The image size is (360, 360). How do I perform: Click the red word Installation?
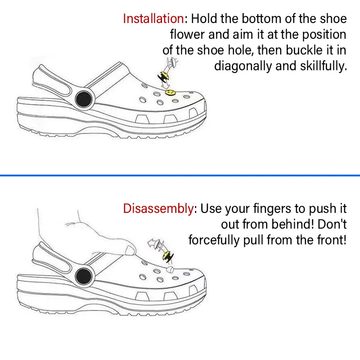point(153,18)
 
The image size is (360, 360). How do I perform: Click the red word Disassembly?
point(158,208)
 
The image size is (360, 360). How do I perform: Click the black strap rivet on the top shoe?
point(84,99)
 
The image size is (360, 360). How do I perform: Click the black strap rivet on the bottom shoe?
point(84,276)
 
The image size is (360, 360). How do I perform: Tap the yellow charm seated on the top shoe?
point(170,93)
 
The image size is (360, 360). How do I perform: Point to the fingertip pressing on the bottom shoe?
point(130,251)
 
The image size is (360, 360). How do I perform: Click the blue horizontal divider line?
point(180,175)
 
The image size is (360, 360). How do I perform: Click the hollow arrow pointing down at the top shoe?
point(165,85)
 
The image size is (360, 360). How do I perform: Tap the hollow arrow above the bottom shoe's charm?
point(153,243)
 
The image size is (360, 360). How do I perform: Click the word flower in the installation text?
point(187,35)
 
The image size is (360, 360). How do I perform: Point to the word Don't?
point(332,224)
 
